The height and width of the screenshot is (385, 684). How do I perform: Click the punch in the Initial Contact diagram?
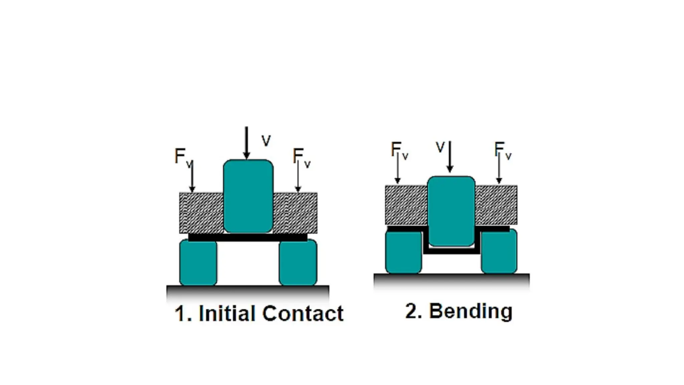[248, 196]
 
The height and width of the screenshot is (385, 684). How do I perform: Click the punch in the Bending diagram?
[451, 211]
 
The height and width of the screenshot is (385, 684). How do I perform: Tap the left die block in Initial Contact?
[198, 262]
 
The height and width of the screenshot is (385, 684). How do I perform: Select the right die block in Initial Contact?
[298, 262]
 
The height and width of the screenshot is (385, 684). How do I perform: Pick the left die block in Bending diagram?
[403, 251]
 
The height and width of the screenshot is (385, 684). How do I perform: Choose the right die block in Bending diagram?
[499, 251]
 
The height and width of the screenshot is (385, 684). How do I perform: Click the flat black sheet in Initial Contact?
[247, 238]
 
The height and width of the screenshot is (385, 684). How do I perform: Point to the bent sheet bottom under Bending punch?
[451, 251]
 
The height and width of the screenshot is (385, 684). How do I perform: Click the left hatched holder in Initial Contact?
[201, 213]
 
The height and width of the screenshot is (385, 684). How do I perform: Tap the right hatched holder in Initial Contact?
[295, 213]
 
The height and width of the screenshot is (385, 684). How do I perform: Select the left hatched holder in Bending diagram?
[406, 205]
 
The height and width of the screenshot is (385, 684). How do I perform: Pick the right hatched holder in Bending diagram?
[496, 205]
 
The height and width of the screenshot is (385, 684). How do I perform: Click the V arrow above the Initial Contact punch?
[246, 142]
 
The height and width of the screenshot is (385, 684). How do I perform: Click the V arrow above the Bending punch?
[450, 156]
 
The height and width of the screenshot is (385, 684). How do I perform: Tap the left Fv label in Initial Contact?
[183, 156]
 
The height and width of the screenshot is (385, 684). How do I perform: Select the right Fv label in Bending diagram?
[502, 150]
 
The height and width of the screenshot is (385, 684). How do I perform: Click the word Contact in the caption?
[303, 313]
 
